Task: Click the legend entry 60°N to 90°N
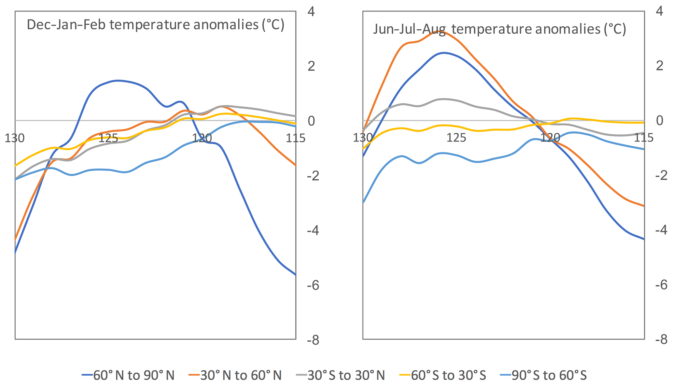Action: point(128,375)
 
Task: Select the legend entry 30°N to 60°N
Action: point(235,375)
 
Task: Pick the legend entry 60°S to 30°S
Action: point(443,375)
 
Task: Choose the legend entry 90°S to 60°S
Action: point(543,375)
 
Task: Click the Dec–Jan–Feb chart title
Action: point(156,25)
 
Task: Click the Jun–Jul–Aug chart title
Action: point(499,29)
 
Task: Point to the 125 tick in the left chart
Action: point(108,138)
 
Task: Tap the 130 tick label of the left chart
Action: point(15,138)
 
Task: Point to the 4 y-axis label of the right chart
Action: point(659,11)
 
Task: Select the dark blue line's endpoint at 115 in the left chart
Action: point(296,275)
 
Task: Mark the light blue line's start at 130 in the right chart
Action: point(363,202)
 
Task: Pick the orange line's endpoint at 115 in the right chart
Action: point(644,206)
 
